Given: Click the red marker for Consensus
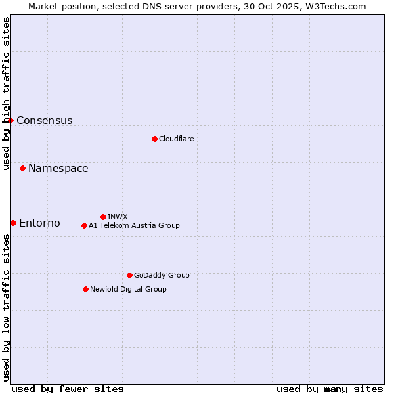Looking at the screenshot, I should (x=11, y=120).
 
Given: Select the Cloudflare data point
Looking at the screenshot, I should (x=154, y=139).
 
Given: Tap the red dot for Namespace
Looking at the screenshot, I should (x=22, y=169).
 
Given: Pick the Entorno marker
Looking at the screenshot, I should (x=13, y=223).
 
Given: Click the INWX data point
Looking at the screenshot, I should (x=103, y=217).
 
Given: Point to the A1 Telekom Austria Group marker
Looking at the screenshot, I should (x=84, y=225).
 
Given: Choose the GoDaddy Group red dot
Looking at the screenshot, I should (x=129, y=275).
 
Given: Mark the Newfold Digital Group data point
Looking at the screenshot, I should (x=85, y=289).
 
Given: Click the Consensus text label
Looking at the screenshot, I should (x=44, y=121).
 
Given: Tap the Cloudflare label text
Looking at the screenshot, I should (x=176, y=139).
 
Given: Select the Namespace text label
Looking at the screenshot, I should (x=58, y=169).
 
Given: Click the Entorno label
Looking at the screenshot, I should (x=39, y=223).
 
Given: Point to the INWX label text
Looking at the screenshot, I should (x=118, y=217).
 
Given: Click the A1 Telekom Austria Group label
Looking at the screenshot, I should (x=134, y=225).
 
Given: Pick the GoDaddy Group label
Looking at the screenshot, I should (x=162, y=275).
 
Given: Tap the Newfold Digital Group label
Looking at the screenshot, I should (x=128, y=289).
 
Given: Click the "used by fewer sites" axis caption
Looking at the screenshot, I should (x=68, y=389).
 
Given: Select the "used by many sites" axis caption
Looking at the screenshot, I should (x=330, y=389).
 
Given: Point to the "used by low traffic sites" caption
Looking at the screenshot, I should (x=7, y=309).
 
